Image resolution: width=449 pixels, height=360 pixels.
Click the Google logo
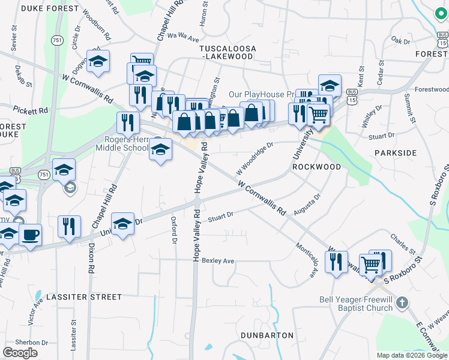pyautogui.click(x=20, y=353)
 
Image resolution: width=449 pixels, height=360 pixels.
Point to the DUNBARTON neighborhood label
pyautogui.click(x=267, y=335)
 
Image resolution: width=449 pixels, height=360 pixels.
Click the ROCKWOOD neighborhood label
pyautogui.click(x=316, y=167)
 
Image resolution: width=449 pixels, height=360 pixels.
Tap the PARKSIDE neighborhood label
pyautogui.click(x=396, y=153)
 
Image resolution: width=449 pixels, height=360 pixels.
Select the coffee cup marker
pyautogui.click(x=30, y=233)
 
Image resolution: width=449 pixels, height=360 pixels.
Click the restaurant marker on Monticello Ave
pyautogui.click(x=336, y=261)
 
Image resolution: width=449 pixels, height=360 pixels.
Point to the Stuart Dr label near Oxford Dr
pyautogui.click(x=220, y=217)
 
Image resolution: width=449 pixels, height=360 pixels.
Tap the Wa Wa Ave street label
pyautogui.click(x=183, y=37)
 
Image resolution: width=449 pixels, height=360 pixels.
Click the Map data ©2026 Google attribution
pyautogui.click(x=411, y=355)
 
